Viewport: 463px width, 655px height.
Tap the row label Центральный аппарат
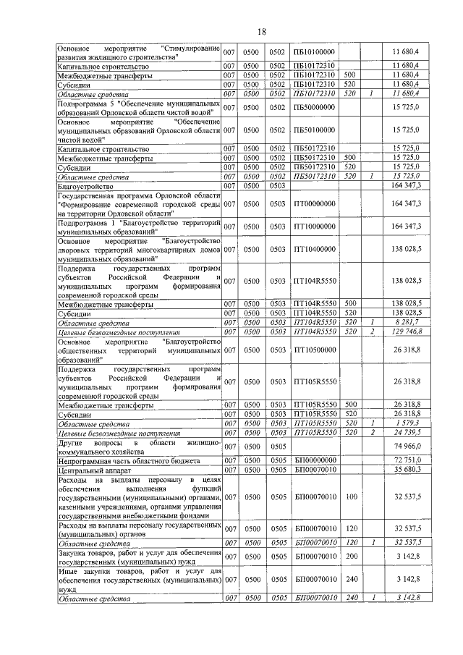91,469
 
